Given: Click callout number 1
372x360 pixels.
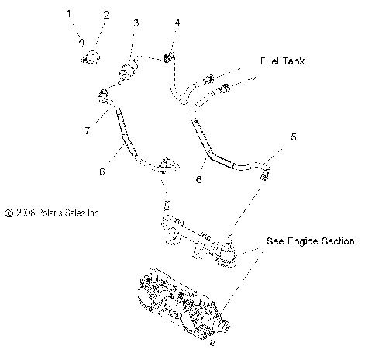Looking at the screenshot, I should point(68,13).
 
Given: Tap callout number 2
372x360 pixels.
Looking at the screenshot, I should point(106,15).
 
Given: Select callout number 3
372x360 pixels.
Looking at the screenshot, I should point(136,24).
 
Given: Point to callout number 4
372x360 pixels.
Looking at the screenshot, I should point(177,23).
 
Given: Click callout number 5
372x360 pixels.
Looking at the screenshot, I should point(293,137).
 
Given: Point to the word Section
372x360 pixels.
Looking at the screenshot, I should point(338,241).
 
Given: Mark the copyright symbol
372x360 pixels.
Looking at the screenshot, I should point(9,211).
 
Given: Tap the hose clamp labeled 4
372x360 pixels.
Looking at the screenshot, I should point(167,58).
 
